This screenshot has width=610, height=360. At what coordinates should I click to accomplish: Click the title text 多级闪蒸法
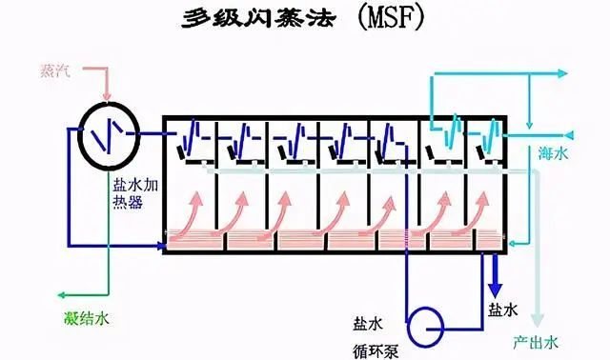click(x=256, y=21)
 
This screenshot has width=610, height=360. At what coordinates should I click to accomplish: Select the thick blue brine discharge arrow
click(x=495, y=276)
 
